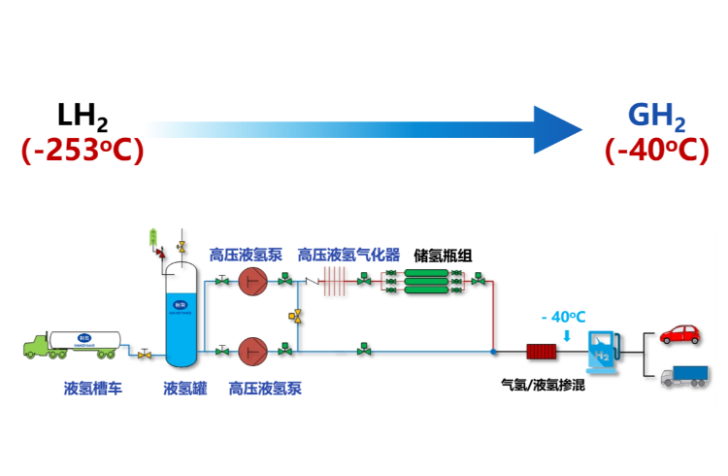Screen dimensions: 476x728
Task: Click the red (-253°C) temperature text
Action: click(x=83, y=152)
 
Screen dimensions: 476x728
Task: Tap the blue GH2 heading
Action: click(x=657, y=117)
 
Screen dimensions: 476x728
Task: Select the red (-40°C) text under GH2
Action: click(x=657, y=152)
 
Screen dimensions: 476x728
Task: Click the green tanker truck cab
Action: click(x=40, y=346)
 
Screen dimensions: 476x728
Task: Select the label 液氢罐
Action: click(x=185, y=389)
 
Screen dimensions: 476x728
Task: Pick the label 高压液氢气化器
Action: click(x=348, y=255)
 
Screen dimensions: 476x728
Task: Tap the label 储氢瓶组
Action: click(x=443, y=255)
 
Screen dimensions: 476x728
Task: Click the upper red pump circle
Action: click(x=253, y=282)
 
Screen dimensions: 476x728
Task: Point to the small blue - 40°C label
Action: click(x=564, y=318)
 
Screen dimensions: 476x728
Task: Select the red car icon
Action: click(x=679, y=334)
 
